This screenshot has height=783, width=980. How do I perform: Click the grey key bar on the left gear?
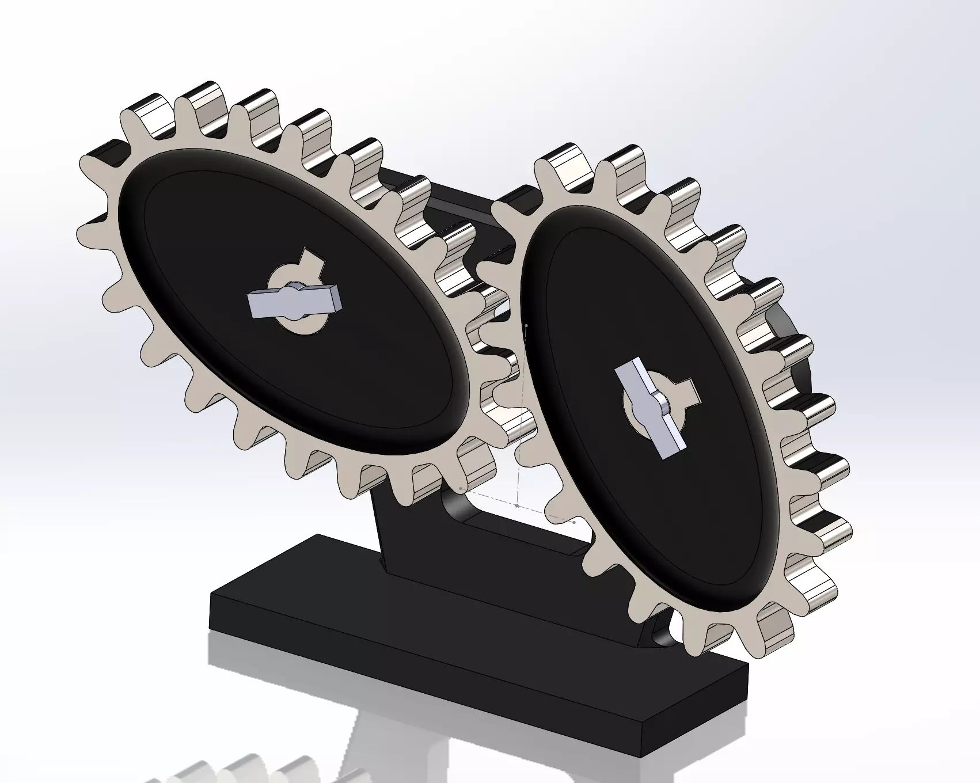coord(265,303)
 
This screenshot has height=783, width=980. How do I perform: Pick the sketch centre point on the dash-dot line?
coord(517,505)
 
